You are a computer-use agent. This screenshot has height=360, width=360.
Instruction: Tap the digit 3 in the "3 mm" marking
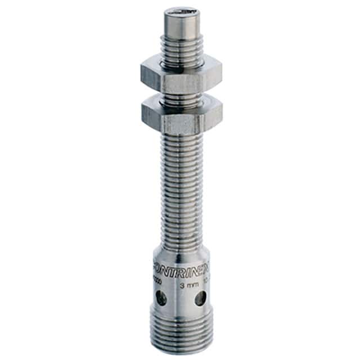click(x=181, y=286)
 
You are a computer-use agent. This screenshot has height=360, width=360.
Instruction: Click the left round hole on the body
click(x=161, y=299)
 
